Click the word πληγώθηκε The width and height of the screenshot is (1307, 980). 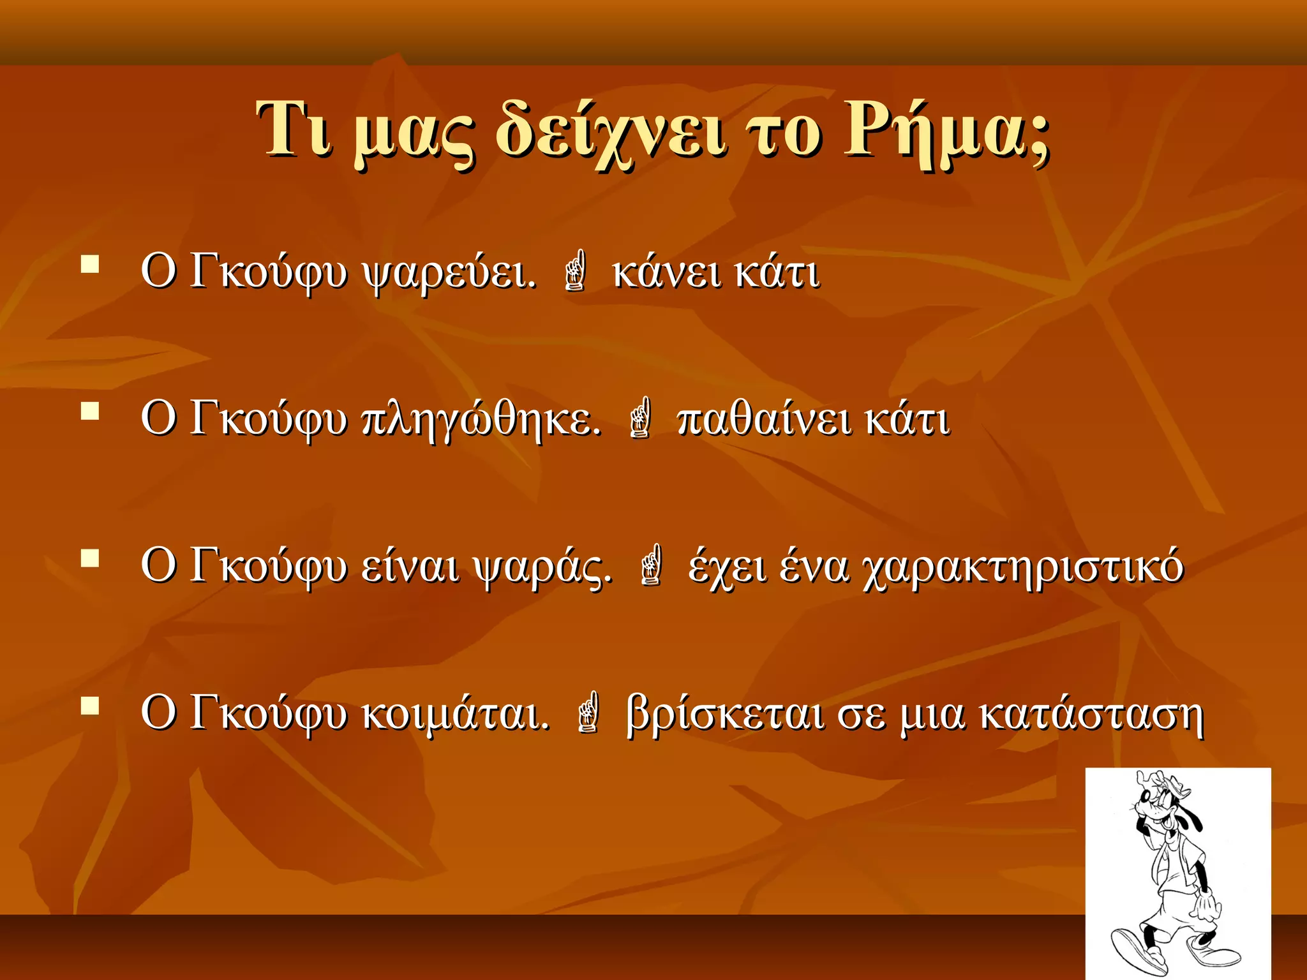(482, 420)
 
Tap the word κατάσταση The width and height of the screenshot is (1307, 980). (1091, 714)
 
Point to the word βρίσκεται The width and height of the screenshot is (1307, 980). (725, 714)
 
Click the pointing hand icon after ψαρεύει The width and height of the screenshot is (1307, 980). (575, 271)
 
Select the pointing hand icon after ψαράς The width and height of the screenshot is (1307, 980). (651, 564)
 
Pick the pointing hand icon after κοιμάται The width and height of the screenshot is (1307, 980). (588, 711)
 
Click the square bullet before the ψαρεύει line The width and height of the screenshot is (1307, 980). (91, 264)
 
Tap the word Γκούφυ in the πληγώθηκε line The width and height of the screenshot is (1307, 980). (269, 420)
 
